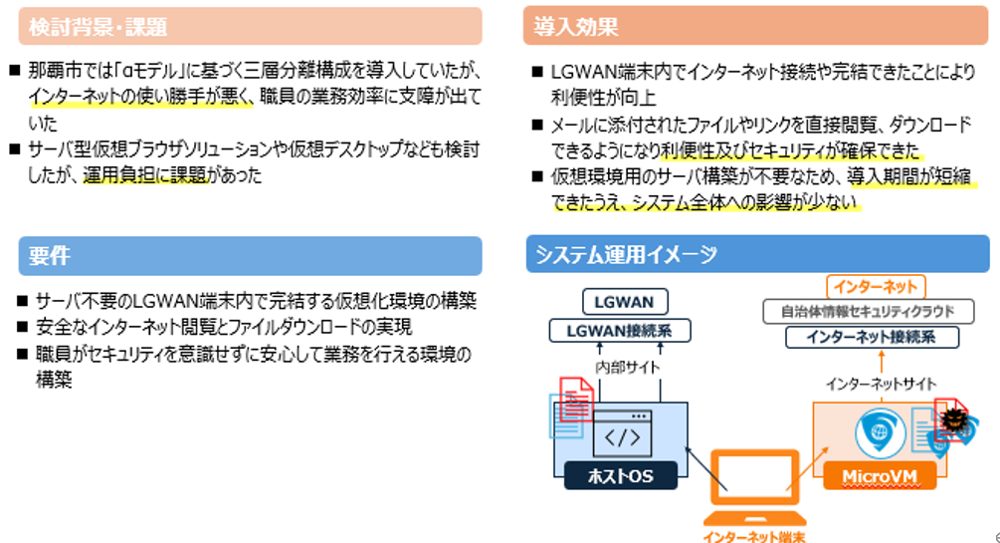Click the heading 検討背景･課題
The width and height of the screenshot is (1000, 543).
coord(98,27)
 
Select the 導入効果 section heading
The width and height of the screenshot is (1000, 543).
coord(576,27)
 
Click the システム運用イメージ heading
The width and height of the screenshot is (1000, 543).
coord(626,254)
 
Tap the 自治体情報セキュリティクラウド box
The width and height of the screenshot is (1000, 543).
coord(874,312)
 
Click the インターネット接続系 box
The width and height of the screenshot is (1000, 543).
coord(874,338)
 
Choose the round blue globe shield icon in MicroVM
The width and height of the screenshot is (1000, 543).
coord(877,432)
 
